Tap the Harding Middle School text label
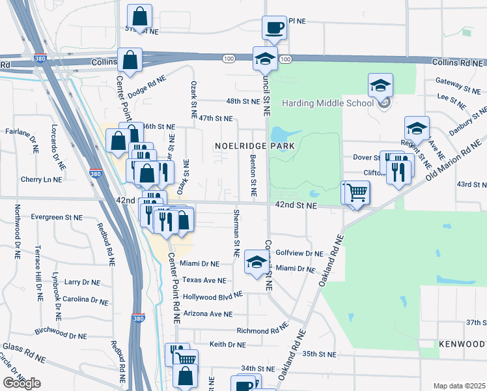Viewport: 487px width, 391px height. coord(327,103)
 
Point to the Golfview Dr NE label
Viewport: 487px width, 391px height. coord(299,253)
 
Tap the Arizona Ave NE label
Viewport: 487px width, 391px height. coord(208,313)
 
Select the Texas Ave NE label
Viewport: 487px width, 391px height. coord(204,280)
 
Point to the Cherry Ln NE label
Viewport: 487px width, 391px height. coord(44,179)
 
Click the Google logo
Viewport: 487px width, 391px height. coord(21,383)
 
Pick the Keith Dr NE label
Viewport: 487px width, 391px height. coord(227,344)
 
